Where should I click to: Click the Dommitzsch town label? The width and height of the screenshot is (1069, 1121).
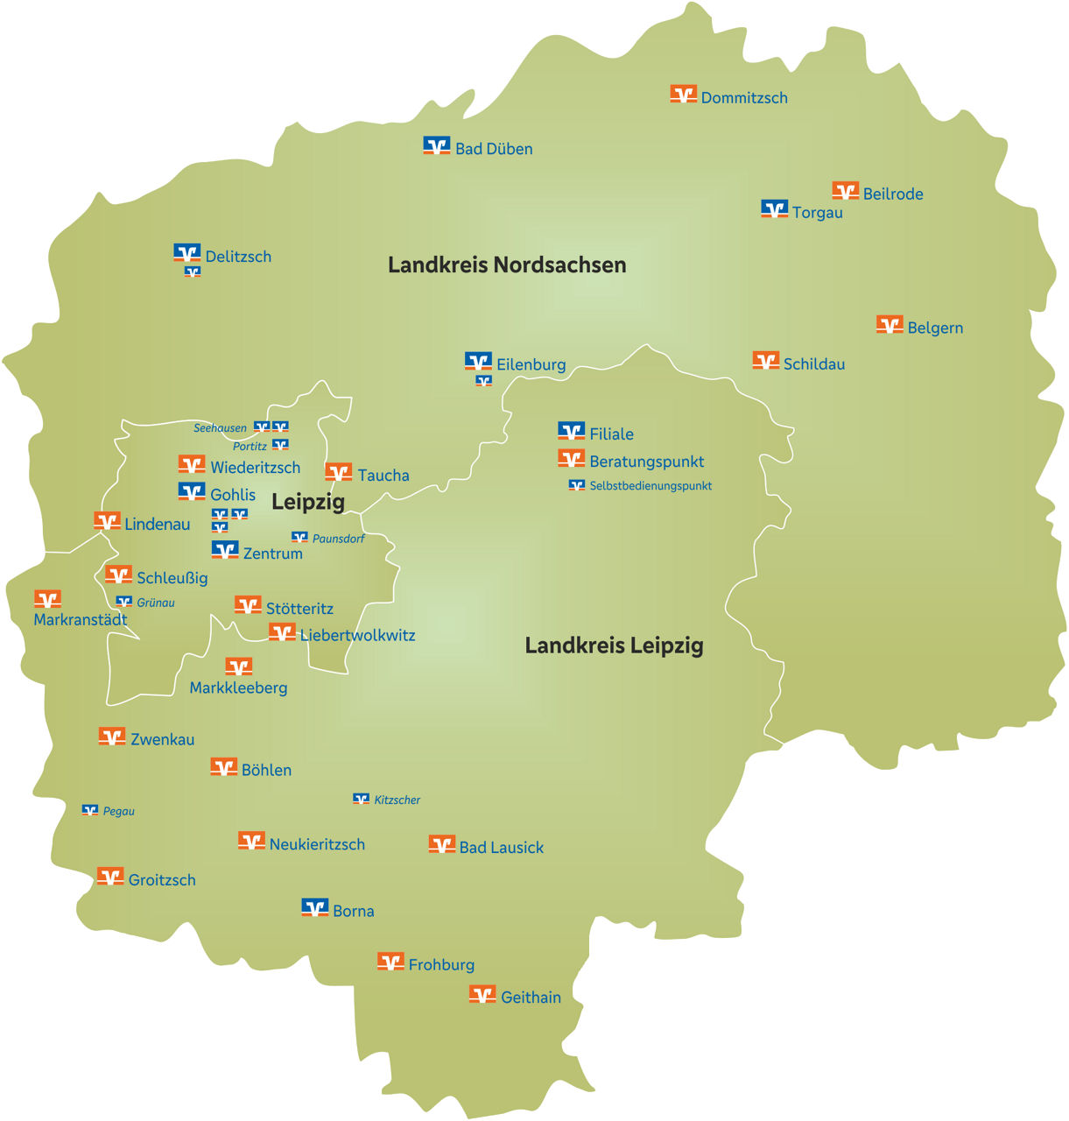pyautogui.click(x=744, y=98)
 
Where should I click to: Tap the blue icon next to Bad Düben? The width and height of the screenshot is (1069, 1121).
pyautogui.click(x=436, y=145)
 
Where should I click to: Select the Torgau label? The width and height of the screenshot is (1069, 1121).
pyautogui.click(x=817, y=212)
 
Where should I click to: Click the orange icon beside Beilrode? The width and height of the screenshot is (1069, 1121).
pyautogui.click(x=845, y=190)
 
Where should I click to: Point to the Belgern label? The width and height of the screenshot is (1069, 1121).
pyautogui.click(x=935, y=328)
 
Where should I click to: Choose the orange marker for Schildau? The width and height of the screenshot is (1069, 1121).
pyautogui.click(x=765, y=360)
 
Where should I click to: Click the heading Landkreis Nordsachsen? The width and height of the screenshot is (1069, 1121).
pyautogui.click(x=507, y=264)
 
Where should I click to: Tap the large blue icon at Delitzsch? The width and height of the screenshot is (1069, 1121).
pyautogui.click(x=186, y=253)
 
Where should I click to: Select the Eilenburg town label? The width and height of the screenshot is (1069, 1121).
pyautogui.click(x=531, y=364)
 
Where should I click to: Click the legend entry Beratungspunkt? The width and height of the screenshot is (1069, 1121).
pyautogui.click(x=646, y=462)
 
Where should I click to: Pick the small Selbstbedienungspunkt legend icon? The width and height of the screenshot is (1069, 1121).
pyautogui.click(x=576, y=484)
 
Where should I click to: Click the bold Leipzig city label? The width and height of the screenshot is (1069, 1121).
pyautogui.click(x=307, y=502)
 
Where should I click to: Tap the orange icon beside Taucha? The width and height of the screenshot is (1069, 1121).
pyautogui.click(x=338, y=472)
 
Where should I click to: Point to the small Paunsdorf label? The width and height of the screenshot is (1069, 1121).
pyautogui.click(x=338, y=539)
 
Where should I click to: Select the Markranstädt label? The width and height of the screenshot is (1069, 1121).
pyautogui.click(x=80, y=620)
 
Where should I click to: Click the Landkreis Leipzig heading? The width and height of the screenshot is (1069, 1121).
pyautogui.click(x=614, y=645)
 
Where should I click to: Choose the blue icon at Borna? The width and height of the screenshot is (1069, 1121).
pyautogui.click(x=314, y=907)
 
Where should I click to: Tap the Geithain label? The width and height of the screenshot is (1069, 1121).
pyautogui.click(x=531, y=997)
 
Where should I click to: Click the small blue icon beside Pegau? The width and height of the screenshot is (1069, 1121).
pyautogui.click(x=90, y=810)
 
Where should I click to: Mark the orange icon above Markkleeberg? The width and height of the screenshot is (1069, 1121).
pyautogui.click(x=238, y=667)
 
